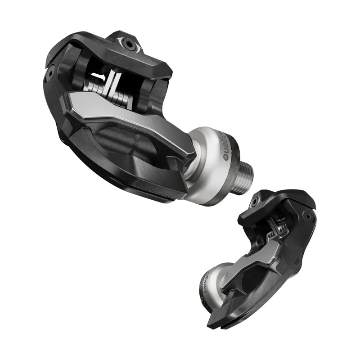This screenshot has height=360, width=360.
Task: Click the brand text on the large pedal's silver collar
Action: pos(225,146)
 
